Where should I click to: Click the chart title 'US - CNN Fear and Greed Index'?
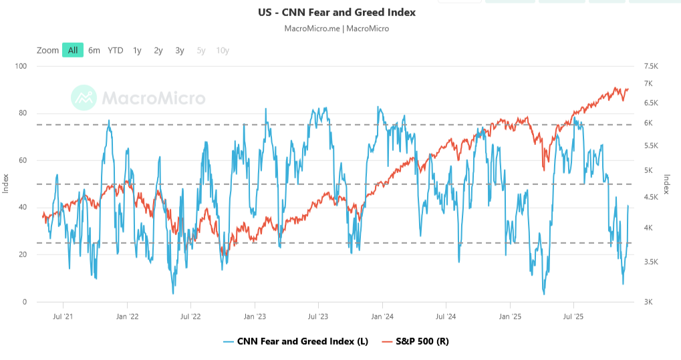pos(337,12)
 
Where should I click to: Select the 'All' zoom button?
pos(73,50)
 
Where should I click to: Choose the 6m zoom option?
pos(94,50)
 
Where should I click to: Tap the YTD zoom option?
pos(116,50)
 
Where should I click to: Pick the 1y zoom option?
pos(137,50)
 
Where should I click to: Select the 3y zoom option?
pos(180,50)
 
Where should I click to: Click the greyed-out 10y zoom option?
pos(223,50)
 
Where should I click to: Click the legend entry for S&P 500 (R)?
pos(414,341)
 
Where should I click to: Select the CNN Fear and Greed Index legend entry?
pos(296,341)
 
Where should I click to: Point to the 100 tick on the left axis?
pos(20,66)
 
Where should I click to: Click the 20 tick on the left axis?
pos(22,254)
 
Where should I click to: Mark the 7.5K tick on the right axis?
pos(652,66)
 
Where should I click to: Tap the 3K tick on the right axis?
pos(648,302)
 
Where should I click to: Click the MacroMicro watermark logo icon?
pos(84,98)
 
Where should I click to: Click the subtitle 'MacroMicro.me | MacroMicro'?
pos(337,29)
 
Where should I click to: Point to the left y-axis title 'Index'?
pos(6,184)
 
